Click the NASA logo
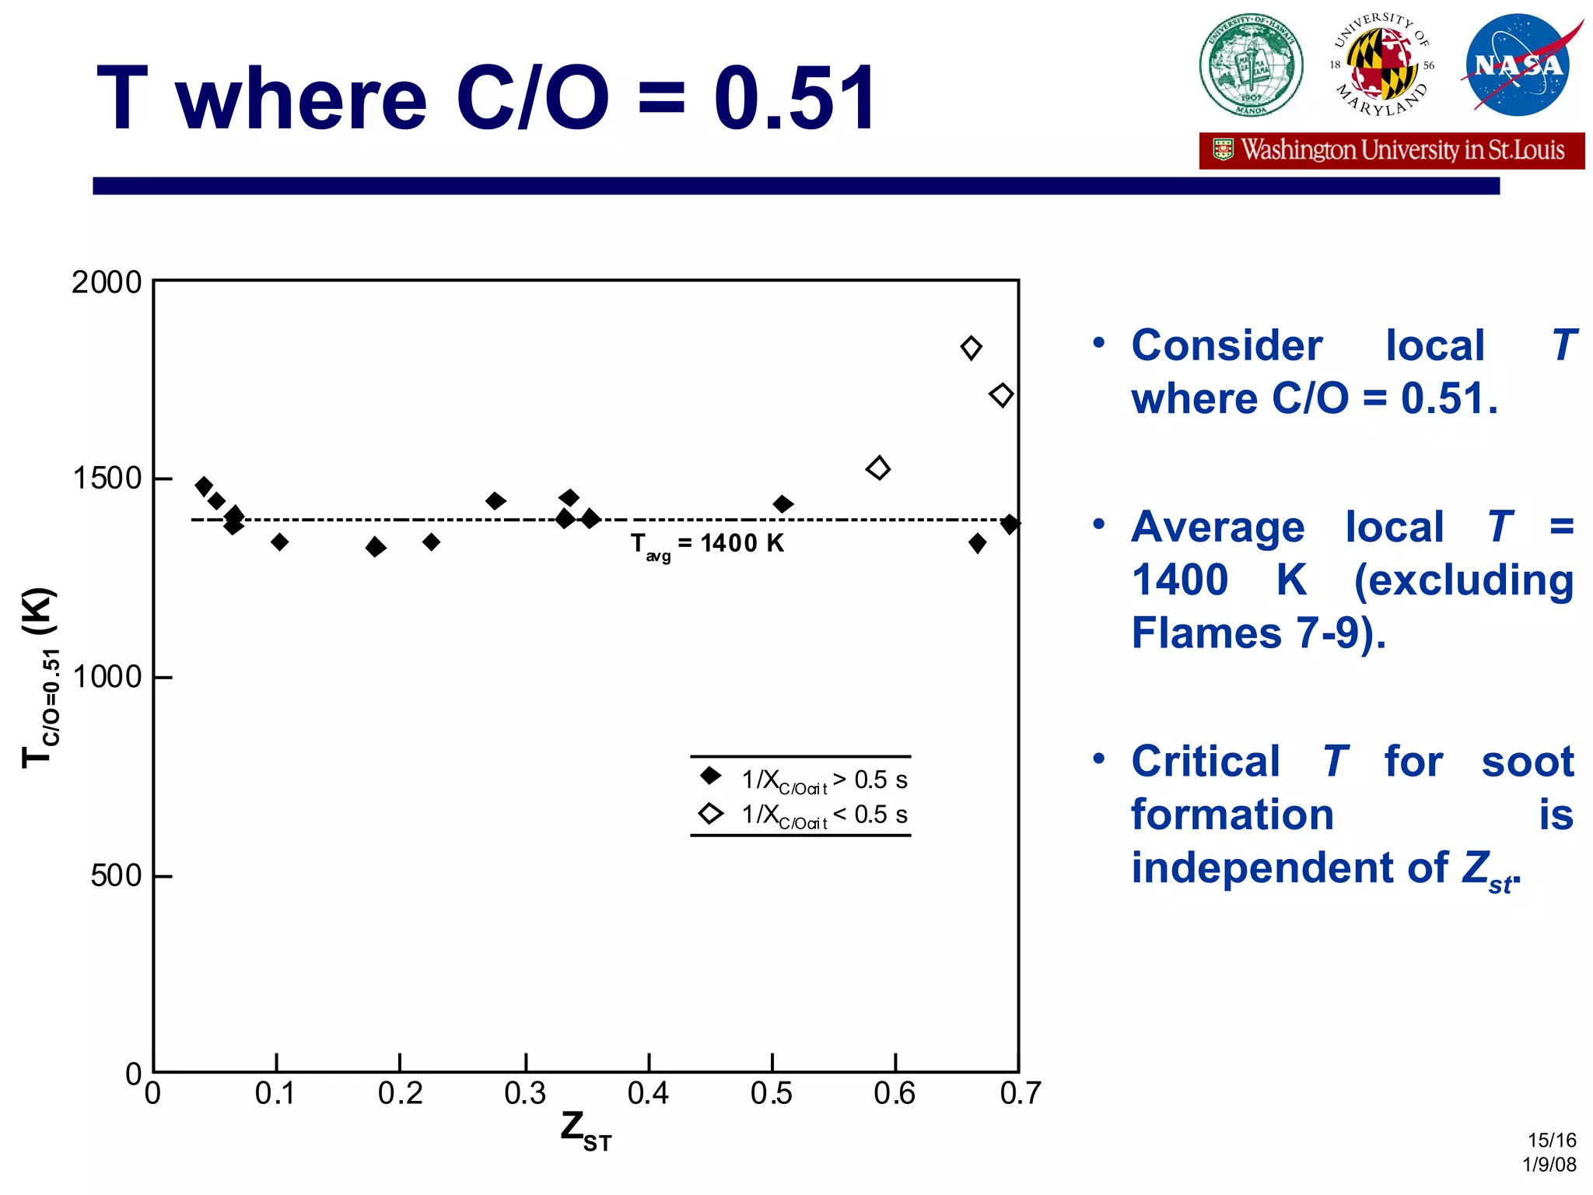[1518, 65]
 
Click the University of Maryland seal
[1381, 65]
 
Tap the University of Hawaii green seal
[1251, 65]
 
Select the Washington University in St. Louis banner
[1392, 150]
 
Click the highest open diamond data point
[971, 348]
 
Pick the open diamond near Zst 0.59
[878, 468]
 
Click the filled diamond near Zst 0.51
[783, 504]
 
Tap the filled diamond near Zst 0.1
[280, 542]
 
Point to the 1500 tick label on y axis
[107, 478]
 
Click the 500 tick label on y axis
[116, 876]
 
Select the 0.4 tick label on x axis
[648, 1094]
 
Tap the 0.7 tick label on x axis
[1020, 1094]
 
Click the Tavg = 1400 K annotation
[707, 544]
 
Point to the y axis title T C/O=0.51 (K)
[39, 677]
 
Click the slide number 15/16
[1551, 1141]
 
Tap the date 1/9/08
[1549, 1165]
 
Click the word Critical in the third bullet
[1205, 761]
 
